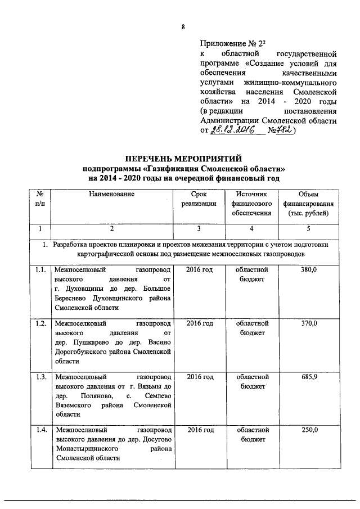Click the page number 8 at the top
click(x=183, y=28)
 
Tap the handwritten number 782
click(x=288, y=131)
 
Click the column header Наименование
click(x=111, y=194)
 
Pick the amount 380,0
click(x=309, y=271)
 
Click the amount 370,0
click(x=309, y=323)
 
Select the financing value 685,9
click(x=309, y=377)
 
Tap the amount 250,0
click(x=309, y=430)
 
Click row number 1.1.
click(x=39, y=271)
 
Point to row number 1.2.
click(x=39, y=323)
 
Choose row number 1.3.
click(x=39, y=377)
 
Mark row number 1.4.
click(x=39, y=430)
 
